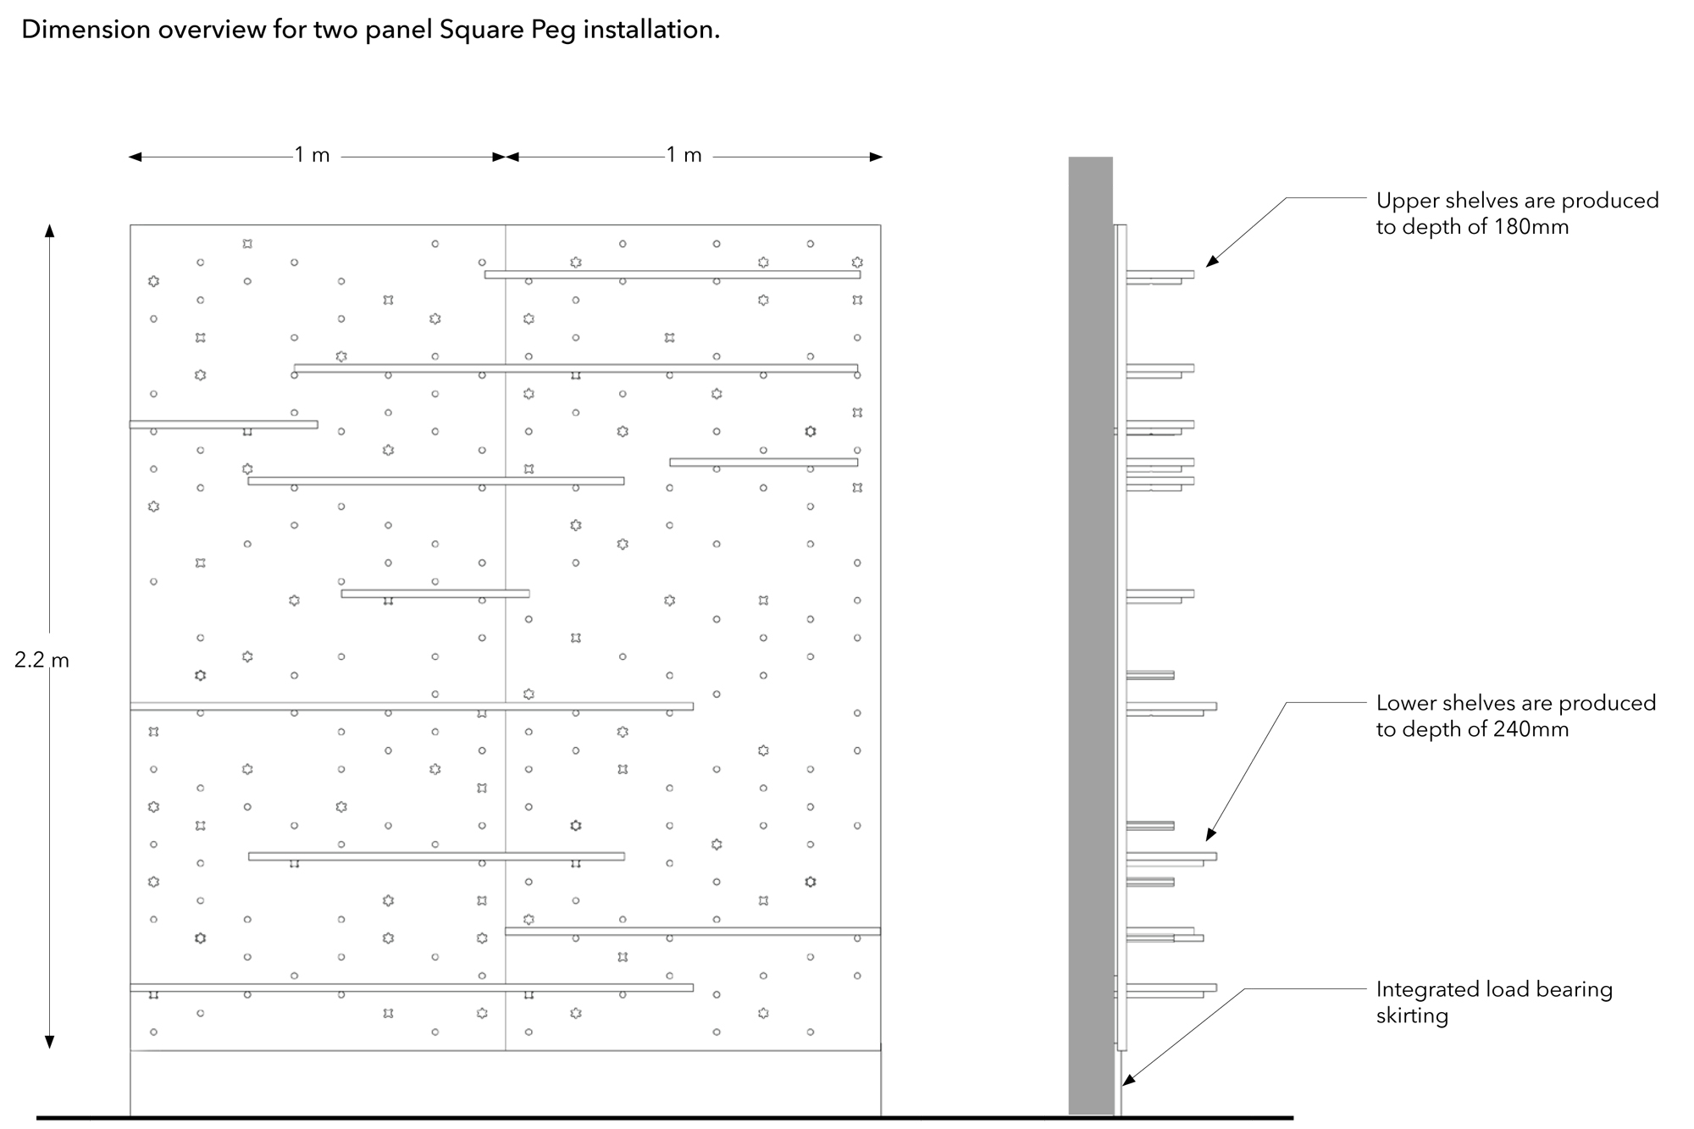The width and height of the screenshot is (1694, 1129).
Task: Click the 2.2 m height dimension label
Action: [x=42, y=660]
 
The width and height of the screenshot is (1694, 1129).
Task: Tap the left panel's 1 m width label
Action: [x=312, y=155]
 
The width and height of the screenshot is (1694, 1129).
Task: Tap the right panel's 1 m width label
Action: [x=684, y=155]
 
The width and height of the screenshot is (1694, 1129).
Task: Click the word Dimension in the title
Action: [x=86, y=30]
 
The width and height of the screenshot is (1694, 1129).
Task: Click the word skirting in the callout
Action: [x=1412, y=1016]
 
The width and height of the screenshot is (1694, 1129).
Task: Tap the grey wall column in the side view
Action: [x=1090, y=635]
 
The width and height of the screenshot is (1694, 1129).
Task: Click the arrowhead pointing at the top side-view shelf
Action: [x=1211, y=262]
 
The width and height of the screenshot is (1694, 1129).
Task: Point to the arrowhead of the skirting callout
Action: [x=1127, y=1080]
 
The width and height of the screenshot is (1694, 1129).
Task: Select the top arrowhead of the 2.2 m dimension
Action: [x=49, y=230]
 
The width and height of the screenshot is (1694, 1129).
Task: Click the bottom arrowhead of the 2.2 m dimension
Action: [x=49, y=1043]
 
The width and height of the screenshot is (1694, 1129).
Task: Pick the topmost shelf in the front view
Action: [x=673, y=274]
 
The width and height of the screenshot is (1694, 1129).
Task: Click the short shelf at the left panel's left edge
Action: [x=224, y=424]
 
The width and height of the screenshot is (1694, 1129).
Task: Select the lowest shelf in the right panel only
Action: [x=693, y=931]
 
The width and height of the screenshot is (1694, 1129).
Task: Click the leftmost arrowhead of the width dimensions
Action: [x=136, y=157]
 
